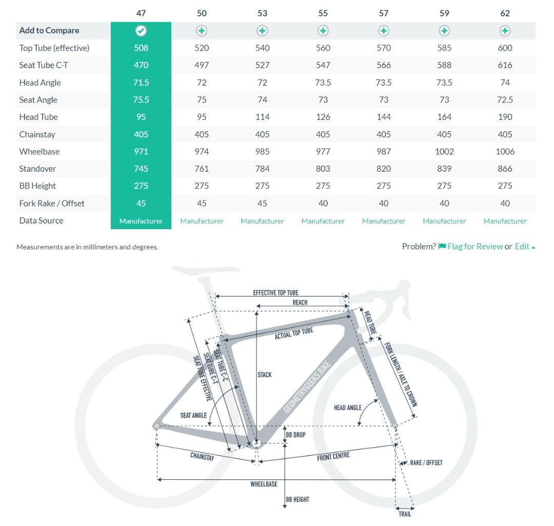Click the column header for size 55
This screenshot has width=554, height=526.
[323, 13]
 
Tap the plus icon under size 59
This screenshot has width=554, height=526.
[444, 31]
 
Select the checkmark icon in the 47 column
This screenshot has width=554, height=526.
[141, 31]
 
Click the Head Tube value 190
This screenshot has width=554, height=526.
[505, 117]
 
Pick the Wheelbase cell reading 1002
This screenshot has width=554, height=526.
[444, 152]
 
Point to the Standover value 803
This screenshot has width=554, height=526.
[323, 169]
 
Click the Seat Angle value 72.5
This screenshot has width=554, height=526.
[505, 99]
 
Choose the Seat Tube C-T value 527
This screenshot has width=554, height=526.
[262, 65]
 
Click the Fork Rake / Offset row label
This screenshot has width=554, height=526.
[52, 204]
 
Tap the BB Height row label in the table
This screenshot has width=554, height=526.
[37, 186]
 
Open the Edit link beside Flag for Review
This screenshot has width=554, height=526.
[522, 247]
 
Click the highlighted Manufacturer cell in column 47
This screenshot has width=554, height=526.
[141, 221]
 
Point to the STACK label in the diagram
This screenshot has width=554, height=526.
[265, 375]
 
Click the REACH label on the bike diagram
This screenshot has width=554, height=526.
[300, 302]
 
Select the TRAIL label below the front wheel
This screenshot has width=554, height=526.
[405, 514]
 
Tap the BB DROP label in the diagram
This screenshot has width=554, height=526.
[295, 435]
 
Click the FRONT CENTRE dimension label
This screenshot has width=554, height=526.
[333, 456]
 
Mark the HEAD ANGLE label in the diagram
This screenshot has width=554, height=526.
[348, 408]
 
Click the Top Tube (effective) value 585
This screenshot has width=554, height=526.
[444, 48]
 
